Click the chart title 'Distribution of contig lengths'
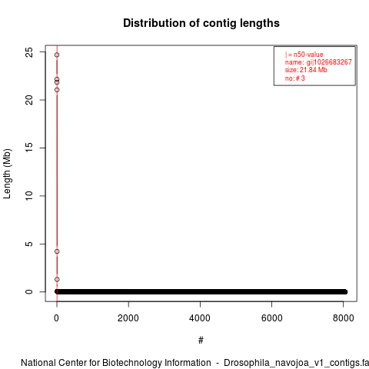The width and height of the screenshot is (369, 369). tap(201, 23)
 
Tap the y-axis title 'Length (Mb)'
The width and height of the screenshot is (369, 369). tap(7, 174)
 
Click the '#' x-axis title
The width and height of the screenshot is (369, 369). tap(201, 341)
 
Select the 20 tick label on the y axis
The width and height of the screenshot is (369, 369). tap(29, 100)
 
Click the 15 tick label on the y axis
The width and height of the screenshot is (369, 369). tap(29, 148)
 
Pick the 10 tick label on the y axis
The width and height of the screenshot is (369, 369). tap(29, 196)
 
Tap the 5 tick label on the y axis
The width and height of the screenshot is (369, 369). tap(29, 244)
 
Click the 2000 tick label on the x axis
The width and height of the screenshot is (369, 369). tap(128, 318)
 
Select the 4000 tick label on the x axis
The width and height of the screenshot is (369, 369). tap(200, 318)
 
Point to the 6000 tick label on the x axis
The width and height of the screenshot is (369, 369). tap(271, 318)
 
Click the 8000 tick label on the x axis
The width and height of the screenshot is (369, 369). tap(343, 318)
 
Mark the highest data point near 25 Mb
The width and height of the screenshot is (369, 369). tap(57, 55)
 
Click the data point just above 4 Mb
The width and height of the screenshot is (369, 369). tap(57, 251)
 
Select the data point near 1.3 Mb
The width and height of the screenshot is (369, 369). tap(57, 279)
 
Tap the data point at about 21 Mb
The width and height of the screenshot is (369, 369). tap(57, 90)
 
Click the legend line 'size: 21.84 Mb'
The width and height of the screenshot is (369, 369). tap(306, 70)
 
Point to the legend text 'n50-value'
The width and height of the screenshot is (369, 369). tap(308, 55)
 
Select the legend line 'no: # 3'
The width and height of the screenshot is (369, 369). tap(295, 78)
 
